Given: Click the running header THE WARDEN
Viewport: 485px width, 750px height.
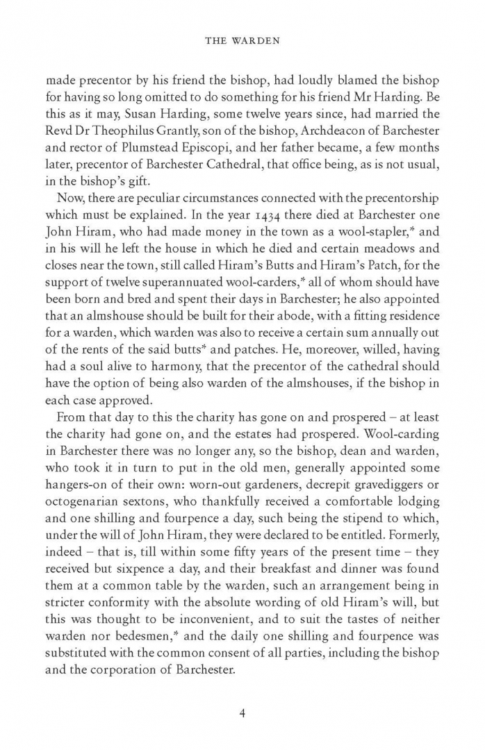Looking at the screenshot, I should (243, 41).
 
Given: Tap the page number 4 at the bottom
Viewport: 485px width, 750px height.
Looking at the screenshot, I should (243, 713).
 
